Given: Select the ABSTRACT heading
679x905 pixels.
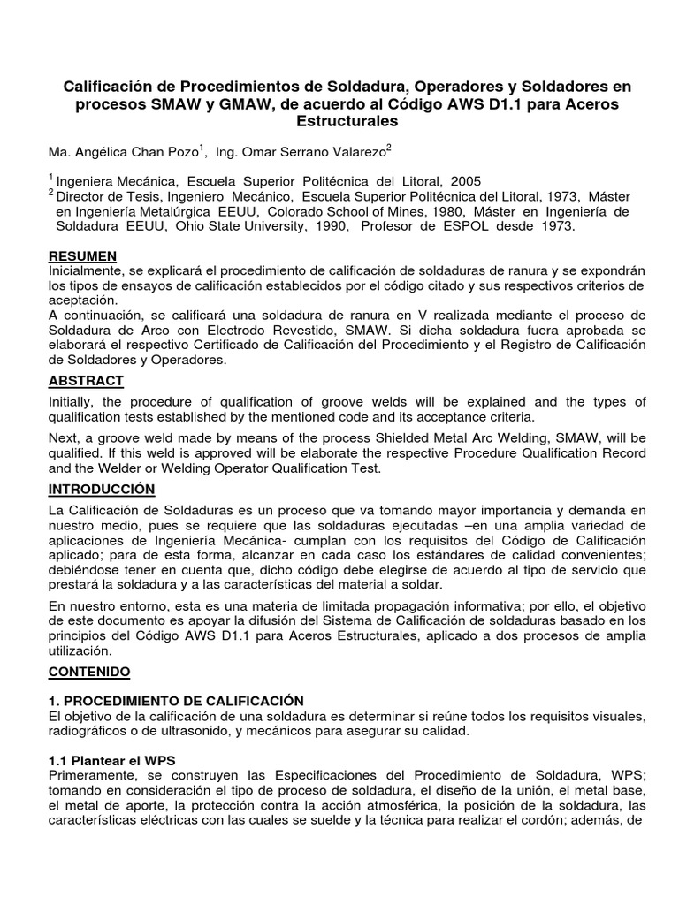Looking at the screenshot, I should tap(86, 381).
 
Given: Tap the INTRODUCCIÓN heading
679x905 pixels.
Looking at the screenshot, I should tap(101, 489).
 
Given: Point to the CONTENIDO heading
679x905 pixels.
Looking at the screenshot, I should tap(88, 672).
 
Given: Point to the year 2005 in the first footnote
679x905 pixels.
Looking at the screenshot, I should tap(465, 181).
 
